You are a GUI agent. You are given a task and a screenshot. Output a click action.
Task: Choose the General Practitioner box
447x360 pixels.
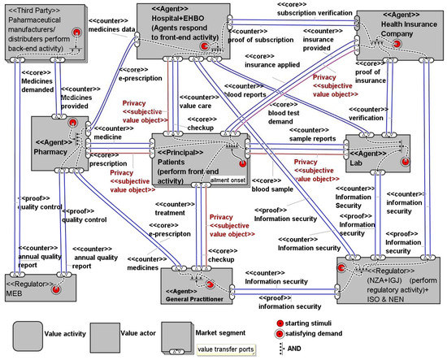(197, 283)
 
